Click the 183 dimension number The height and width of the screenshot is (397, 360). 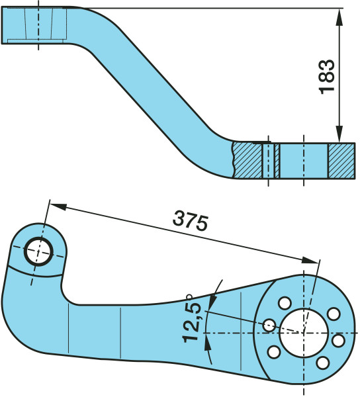[x=327, y=77]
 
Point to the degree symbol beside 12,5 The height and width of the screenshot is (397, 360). [x=189, y=296]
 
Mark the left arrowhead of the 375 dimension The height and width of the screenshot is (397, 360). [x=58, y=206]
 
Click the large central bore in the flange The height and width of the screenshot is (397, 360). [x=304, y=333]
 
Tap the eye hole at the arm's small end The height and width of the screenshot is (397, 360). [x=38, y=251]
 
